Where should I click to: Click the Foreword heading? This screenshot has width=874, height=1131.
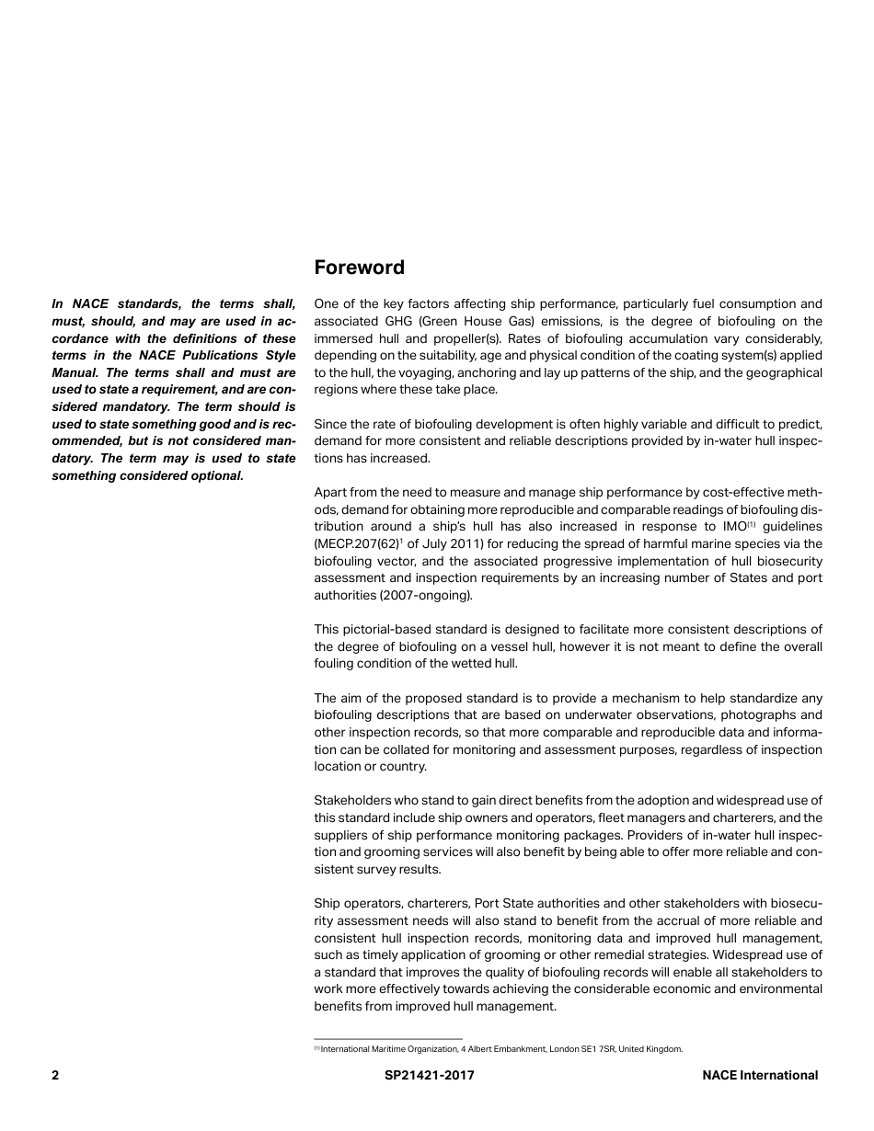[x=359, y=268]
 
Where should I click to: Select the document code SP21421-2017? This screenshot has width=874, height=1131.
[x=430, y=1075]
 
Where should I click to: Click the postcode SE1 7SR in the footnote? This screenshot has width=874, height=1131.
[x=600, y=1048]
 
